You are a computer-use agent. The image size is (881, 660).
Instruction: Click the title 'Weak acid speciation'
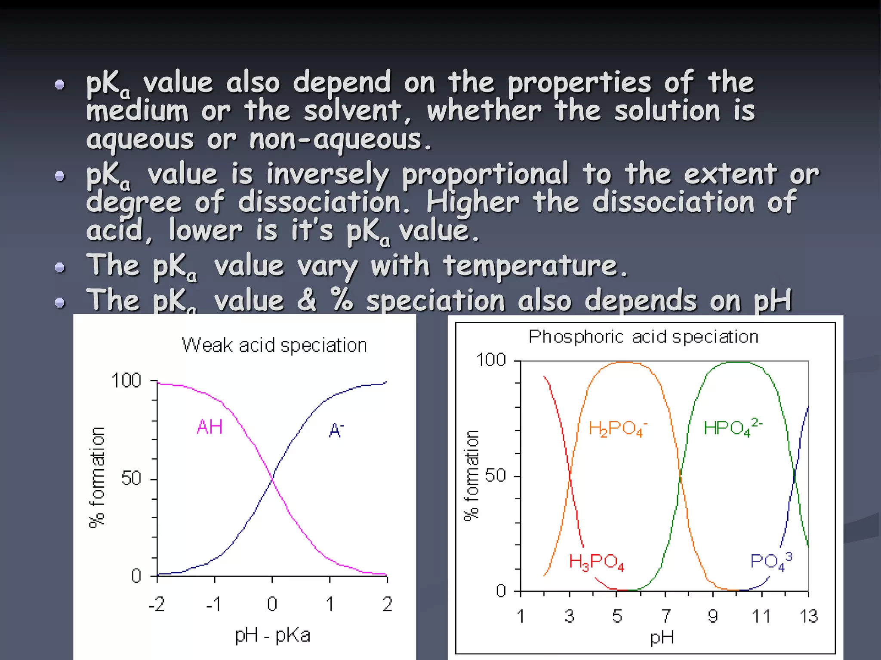274,345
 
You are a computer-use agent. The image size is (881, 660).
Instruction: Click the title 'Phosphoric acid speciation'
643,337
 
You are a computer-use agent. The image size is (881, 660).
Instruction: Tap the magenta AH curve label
209,427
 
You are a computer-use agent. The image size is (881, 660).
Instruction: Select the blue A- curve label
336,430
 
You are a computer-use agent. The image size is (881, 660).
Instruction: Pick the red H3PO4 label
596,562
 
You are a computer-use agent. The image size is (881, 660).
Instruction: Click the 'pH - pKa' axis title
272,636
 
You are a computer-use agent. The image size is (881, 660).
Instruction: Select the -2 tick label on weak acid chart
157,605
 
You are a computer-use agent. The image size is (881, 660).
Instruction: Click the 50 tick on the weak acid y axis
131,478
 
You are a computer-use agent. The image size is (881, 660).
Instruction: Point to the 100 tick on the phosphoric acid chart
491,360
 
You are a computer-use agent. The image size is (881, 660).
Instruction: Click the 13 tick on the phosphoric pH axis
808,616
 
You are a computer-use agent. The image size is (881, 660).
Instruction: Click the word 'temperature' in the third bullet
535,266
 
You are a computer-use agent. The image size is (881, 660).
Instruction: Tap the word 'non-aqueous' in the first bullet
340,140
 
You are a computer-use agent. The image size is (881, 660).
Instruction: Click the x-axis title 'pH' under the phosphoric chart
662,639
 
